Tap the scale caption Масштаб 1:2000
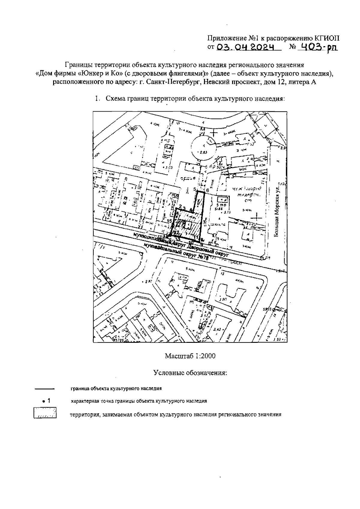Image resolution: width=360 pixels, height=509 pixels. (190, 356)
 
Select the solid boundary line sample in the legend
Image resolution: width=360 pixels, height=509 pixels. (44, 389)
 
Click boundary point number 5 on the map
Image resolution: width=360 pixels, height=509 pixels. (195, 189)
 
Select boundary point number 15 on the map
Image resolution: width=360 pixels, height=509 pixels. (169, 221)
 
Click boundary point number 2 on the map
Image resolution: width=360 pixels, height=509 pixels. (180, 207)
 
